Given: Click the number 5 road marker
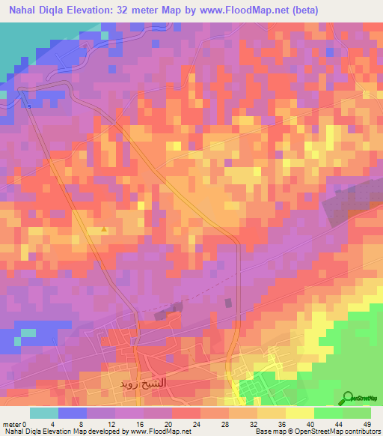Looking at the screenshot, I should point(30,106).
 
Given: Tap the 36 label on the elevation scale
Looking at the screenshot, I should point(258,425).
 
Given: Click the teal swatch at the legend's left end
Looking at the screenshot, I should point(44,413).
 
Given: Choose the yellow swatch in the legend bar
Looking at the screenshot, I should point(300,413).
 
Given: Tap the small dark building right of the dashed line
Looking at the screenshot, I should point(227,303).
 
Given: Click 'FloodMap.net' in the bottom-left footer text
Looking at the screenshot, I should point(162,432).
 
